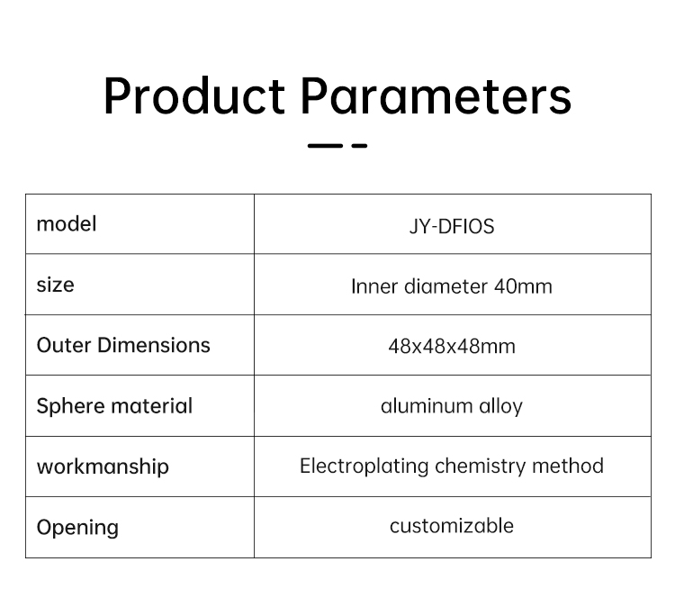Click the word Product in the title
pyautogui.click(x=194, y=95)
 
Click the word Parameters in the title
pyautogui.click(x=436, y=95)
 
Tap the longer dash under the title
pyautogui.click(x=325, y=146)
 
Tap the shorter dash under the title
pyautogui.click(x=359, y=146)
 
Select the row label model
pyautogui.click(x=67, y=224)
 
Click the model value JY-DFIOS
pyautogui.click(x=452, y=227)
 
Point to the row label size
pyautogui.click(x=56, y=285)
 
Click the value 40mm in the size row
pyautogui.click(x=523, y=286)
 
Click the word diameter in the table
pyautogui.click(x=445, y=286)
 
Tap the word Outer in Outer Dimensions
pyautogui.click(x=64, y=346)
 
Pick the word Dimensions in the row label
pyautogui.click(x=154, y=346)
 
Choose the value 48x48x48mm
pyautogui.click(x=452, y=347)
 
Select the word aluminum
pyautogui.click(x=427, y=406)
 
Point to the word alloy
pyautogui.click(x=500, y=407)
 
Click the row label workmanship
pyautogui.click(x=103, y=467)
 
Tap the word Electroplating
pyautogui.click(x=364, y=467)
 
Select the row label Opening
pyautogui.click(x=77, y=528)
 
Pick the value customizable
pyautogui.click(x=452, y=526)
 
